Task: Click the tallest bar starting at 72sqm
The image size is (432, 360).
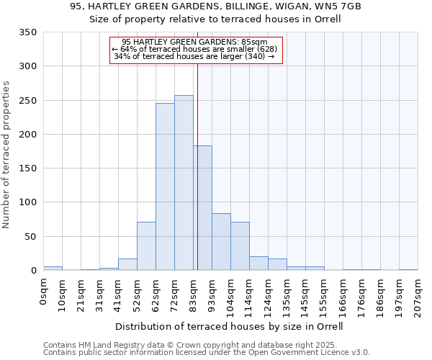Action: [184, 183]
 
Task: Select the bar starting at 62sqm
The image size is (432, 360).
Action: [165, 187]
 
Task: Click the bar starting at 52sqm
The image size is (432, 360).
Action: [146, 246]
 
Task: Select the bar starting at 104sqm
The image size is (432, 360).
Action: [240, 246]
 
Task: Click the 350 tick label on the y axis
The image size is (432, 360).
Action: [27, 32]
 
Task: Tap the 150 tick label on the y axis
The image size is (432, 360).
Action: [27, 168]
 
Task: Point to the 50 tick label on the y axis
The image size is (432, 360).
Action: [30, 236]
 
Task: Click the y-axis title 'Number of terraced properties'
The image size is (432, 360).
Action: [7, 155]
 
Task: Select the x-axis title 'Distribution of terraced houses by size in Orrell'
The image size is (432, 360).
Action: [229, 326]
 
